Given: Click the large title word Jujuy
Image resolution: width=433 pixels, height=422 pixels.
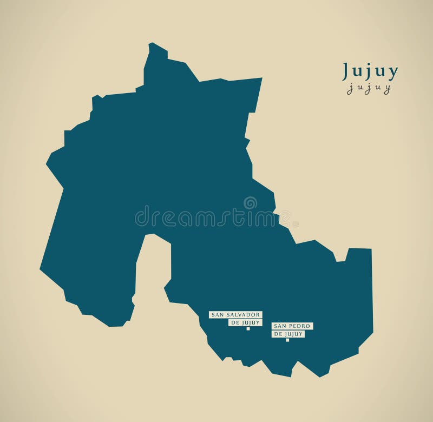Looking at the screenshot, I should coord(370,71).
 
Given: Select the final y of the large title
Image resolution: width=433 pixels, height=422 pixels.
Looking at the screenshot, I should coord(393,72).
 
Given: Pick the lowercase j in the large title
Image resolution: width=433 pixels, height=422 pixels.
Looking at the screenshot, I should coord(370,72).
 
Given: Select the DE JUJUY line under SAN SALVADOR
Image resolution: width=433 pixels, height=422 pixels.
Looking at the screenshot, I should coord(245,322).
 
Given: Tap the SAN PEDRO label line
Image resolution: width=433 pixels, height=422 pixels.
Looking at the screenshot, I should coord(293,326).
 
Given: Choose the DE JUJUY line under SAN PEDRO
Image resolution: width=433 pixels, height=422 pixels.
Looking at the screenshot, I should coord(288,334).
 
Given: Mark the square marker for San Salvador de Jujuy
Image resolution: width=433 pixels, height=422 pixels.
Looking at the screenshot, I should coord(248,328).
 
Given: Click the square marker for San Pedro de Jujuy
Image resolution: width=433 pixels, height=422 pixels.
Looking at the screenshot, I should coord(287,340).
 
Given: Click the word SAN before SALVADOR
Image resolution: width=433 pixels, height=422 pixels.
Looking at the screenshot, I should coord(217,314).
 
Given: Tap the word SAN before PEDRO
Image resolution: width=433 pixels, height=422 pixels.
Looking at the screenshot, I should coord(280,326).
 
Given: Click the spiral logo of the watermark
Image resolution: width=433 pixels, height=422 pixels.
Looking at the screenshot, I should coord(250,203).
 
